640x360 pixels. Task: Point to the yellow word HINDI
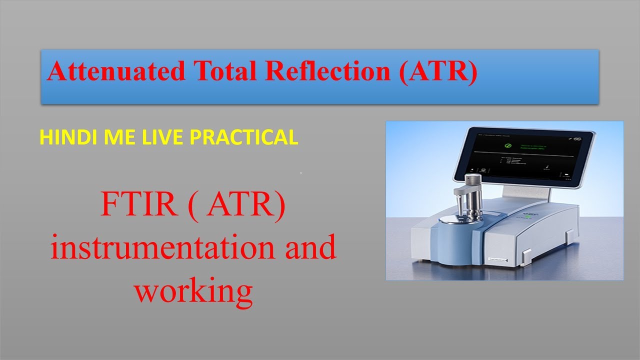click(x=61, y=137)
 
